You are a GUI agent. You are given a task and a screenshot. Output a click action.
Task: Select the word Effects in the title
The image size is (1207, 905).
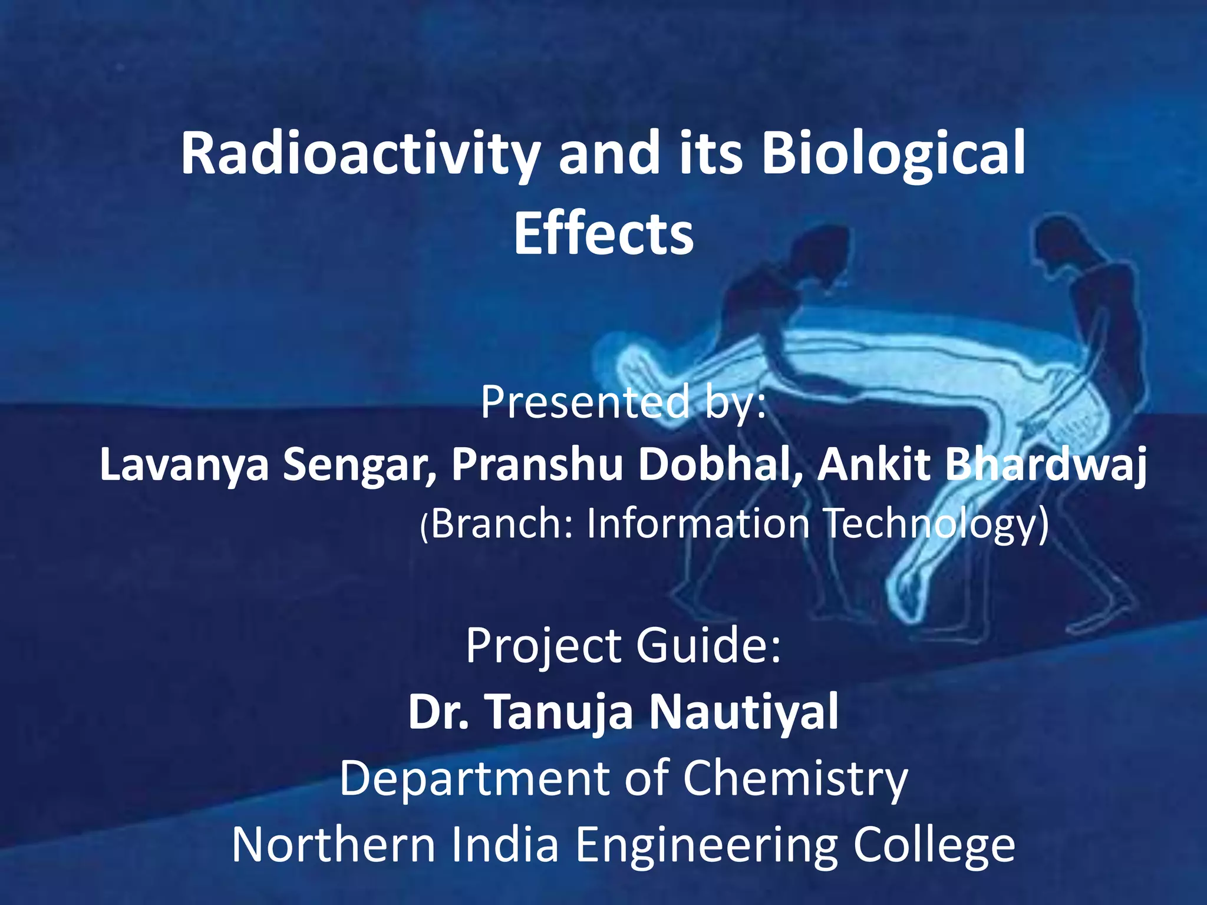tap(603, 234)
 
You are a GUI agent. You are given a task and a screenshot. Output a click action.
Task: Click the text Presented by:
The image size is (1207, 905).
tap(623, 402)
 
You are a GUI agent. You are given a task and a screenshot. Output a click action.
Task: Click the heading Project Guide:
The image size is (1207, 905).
tap(623, 646)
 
